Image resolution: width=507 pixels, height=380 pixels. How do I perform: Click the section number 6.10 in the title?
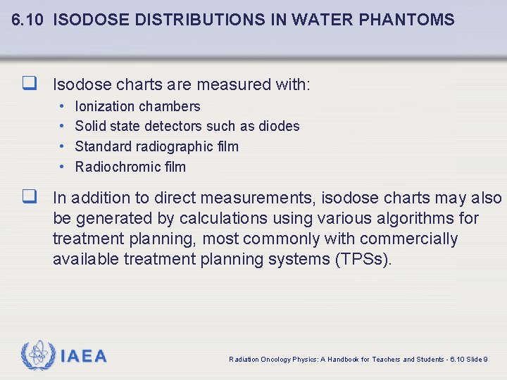click(27, 20)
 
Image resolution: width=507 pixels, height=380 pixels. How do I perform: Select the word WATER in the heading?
click(327, 20)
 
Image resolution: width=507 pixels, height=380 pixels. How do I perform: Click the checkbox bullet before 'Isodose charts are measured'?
click(29, 84)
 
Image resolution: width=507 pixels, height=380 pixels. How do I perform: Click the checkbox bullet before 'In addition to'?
click(29, 198)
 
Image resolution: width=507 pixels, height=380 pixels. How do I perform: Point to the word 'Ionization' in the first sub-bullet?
click(104, 106)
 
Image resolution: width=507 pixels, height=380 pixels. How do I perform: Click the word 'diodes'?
click(280, 126)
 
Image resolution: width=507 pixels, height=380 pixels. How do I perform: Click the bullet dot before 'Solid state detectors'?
click(62, 126)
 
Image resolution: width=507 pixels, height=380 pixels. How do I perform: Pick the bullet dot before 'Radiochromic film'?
click(62, 167)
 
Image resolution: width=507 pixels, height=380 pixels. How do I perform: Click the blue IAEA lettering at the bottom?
click(84, 357)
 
